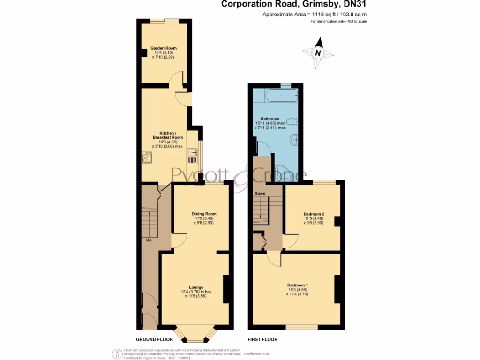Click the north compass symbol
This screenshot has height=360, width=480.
(x=318, y=53)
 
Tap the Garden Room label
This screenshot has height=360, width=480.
(x=164, y=48)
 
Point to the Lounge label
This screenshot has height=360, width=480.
(x=196, y=287)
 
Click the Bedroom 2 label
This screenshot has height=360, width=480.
(x=314, y=214)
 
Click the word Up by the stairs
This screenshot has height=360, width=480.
(x=149, y=240)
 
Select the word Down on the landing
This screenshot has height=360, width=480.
(x=260, y=193)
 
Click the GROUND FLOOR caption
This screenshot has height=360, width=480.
(x=154, y=339)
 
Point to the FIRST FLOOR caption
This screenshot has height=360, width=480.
(x=262, y=339)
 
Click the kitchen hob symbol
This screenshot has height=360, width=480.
(x=147, y=158)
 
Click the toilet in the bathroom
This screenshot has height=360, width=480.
(x=292, y=121)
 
